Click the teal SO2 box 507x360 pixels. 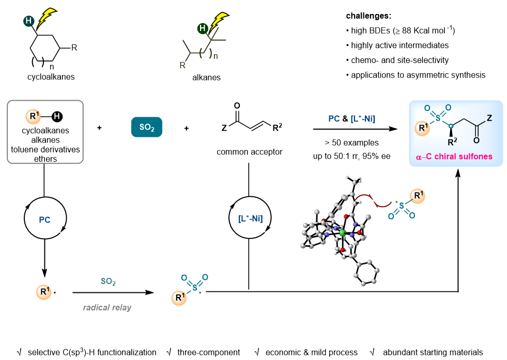point(147,128)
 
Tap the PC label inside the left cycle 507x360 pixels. point(44,219)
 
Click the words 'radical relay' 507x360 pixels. point(107,308)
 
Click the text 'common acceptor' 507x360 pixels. point(249,152)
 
